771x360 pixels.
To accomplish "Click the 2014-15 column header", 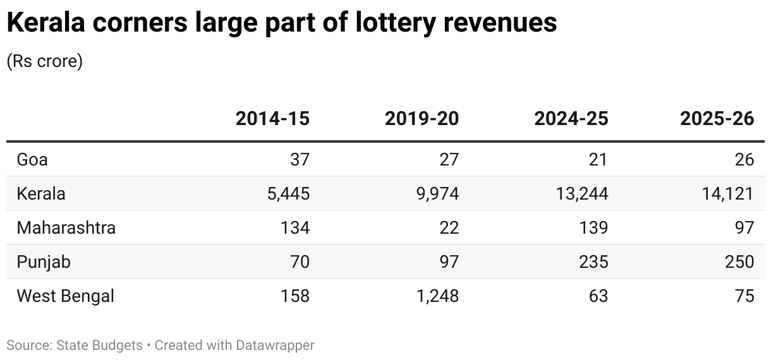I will pos(272,119).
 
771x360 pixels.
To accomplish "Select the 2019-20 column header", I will pos(422,119).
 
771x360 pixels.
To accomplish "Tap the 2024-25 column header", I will pos(571,119).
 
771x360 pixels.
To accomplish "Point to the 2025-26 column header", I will pos(717,119).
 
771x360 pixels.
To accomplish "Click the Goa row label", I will pos(32,159).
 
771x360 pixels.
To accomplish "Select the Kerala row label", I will pos(41,193).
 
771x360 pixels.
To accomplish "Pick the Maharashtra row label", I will pos(66,227).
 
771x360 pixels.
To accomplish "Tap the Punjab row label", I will pos(44,261).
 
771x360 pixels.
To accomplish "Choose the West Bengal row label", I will pos(66,296).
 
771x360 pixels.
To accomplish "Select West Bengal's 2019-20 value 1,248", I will pos(436,296).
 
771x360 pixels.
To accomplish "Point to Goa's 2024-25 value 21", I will pos(597,159).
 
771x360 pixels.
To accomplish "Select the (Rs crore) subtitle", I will pos(44,62).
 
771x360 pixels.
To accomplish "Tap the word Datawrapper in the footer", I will pos(275,345).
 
